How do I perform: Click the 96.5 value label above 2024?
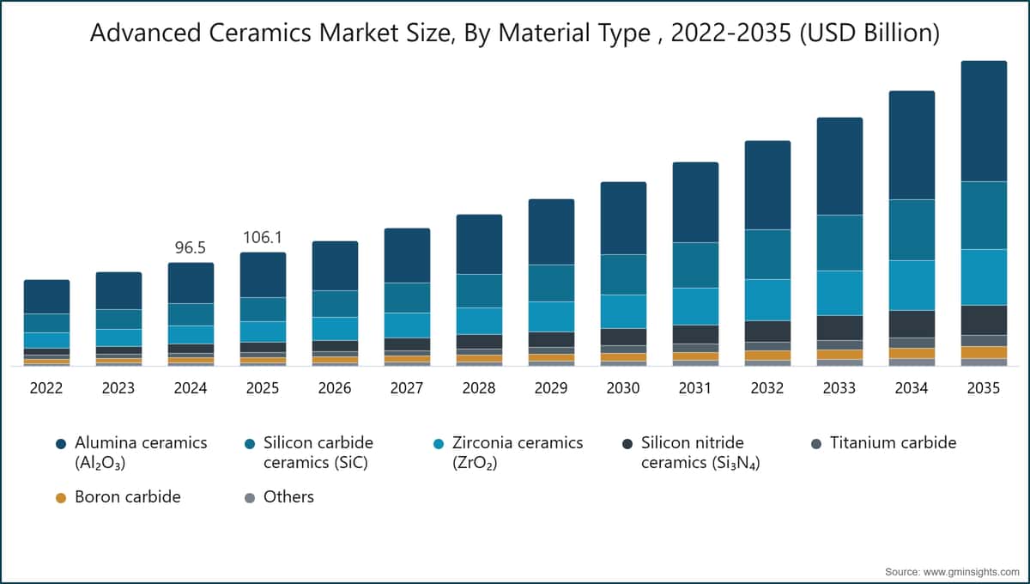(191, 247)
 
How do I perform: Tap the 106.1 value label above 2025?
(263, 238)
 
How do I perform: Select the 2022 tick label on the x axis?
(46, 388)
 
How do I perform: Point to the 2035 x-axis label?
(984, 388)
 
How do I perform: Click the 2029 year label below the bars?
(551, 388)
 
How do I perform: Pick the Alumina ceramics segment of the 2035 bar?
(984, 121)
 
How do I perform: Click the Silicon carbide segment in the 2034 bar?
(912, 230)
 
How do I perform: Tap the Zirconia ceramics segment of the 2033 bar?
(839, 293)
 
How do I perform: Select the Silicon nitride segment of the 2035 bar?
(984, 320)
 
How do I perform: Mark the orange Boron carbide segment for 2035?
(984, 352)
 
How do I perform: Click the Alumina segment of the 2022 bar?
(47, 297)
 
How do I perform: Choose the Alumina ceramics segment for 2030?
(623, 218)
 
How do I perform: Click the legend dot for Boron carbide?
(61, 498)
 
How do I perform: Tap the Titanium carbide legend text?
(893, 442)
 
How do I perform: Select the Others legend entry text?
(288, 497)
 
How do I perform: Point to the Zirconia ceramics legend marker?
(439, 444)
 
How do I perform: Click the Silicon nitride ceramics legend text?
(700, 453)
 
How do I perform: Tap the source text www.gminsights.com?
(971, 572)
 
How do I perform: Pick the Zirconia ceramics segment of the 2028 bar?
(479, 321)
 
